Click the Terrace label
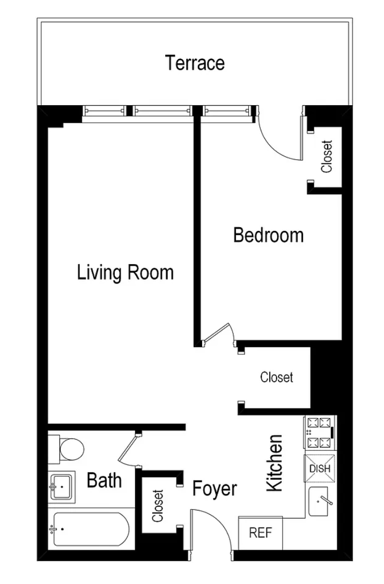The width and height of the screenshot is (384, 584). click(x=195, y=63)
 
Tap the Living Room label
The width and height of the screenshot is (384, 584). click(x=125, y=272)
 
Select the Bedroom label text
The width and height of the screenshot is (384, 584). click(x=268, y=235)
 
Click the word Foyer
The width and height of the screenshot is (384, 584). click(x=215, y=489)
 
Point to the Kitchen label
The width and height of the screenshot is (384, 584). click(x=274, y=463)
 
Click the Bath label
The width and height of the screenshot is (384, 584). click(x=104, y=480)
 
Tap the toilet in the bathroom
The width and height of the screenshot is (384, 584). click(x=69, y=449)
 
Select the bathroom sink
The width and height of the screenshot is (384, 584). click(x=62, y=487)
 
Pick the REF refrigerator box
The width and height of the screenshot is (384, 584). click(x=260, y=533)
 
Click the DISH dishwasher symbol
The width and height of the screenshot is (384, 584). click(x=320, y=468)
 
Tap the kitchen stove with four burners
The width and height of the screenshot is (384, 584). click(x=320, y=434)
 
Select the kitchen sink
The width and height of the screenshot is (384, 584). click(x=322, y=502)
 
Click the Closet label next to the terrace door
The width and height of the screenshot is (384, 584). click(x=327, y=156)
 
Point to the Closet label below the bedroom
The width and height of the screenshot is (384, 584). click(x=277, y=377)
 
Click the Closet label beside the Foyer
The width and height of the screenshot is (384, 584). click(x=158, y=506)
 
